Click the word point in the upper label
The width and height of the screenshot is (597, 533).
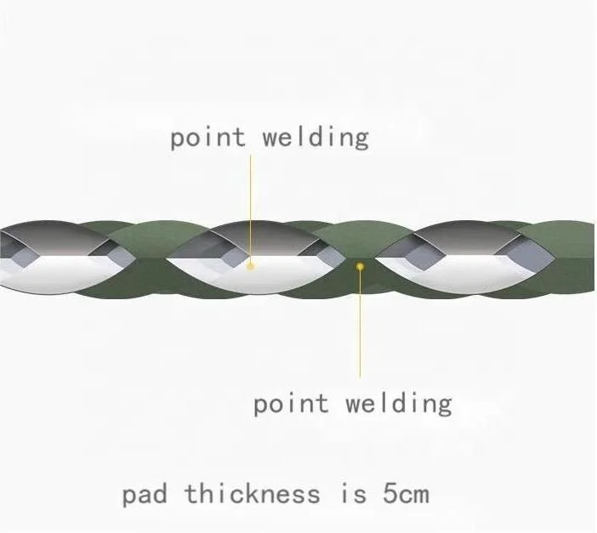point(208,138)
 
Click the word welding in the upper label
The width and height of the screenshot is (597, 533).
point(316,138)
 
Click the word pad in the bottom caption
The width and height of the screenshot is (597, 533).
point(145,494)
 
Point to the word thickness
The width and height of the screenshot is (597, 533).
point(252,493)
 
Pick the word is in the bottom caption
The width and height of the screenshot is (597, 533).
point(347,493)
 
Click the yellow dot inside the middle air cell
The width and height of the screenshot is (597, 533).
point(251,265)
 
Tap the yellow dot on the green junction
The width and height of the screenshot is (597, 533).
point(360,266)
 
